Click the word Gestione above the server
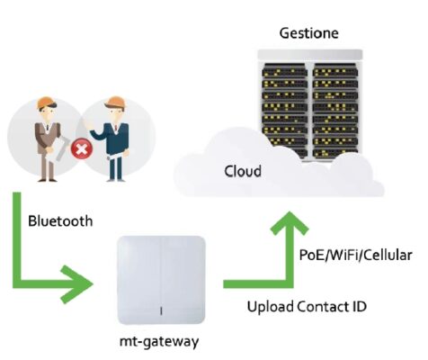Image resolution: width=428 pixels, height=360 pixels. point(309,33)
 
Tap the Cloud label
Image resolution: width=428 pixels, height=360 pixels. point(243,171)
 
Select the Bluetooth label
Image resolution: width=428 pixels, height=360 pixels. point(60,221)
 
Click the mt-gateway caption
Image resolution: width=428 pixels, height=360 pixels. point(159,342)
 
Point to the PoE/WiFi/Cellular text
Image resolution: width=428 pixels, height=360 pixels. point(356,255)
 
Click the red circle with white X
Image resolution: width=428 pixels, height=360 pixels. point(82,148)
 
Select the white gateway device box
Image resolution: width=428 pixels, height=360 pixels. point(161,280)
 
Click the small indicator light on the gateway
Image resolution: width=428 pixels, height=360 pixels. point(161,310)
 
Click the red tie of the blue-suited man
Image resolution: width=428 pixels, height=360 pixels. point(116,127)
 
